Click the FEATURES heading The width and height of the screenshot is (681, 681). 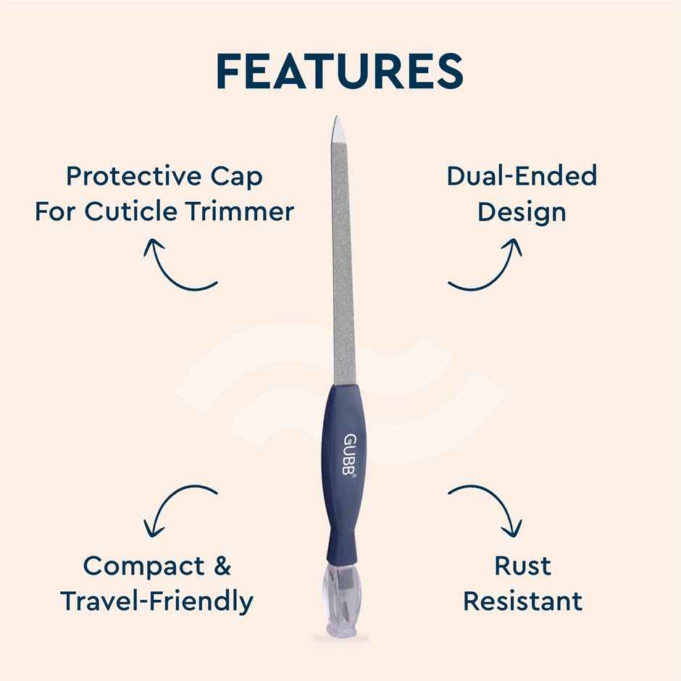pyautogui.click(x=340, y=71)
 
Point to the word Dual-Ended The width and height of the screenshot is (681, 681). pyautogui.click(x=522, y=176)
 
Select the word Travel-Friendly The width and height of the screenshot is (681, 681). pyautogui.click(x=156, y=601)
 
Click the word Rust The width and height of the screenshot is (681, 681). pyautogui.click(x=522, y=566)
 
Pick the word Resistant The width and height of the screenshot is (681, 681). pyautogui.click(x=522, y=601)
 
